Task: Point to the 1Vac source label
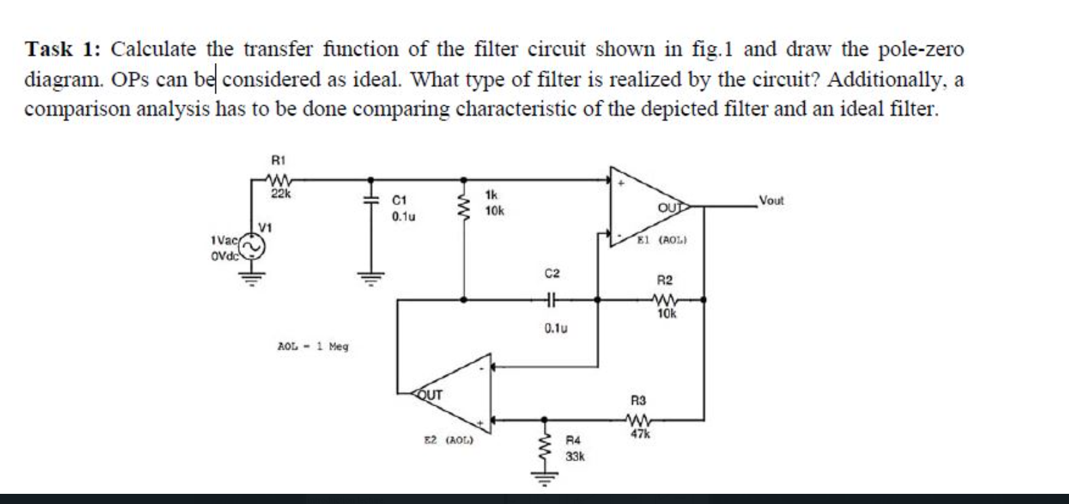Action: (224, 240)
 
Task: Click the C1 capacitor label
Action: (400, 201)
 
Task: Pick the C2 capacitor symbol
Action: (551, 298)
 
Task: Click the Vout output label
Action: (771, 201)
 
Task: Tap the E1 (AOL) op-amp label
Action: (663, 240)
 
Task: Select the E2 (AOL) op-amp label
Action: (448, 440)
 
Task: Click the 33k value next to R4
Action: (575, 457)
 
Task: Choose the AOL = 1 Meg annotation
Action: (313, 346)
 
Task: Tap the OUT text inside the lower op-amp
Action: (430, 394)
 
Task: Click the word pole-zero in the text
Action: (921, 49)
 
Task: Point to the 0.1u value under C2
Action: (555, 329)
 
